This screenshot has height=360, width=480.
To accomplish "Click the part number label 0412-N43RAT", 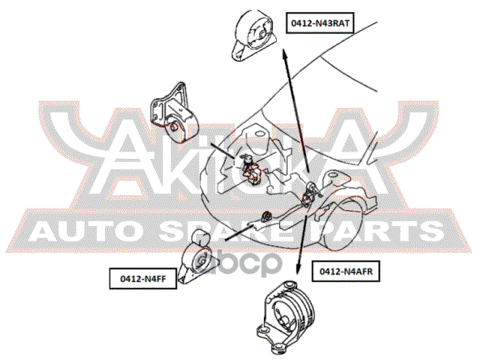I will [320, 23].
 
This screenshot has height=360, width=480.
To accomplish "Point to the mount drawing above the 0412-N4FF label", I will [200, 258].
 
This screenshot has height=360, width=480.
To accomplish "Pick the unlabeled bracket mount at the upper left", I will [171, 112].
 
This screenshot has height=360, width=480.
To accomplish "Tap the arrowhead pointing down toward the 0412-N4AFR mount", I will [298, 268].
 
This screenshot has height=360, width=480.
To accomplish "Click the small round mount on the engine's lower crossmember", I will [264, 217].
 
